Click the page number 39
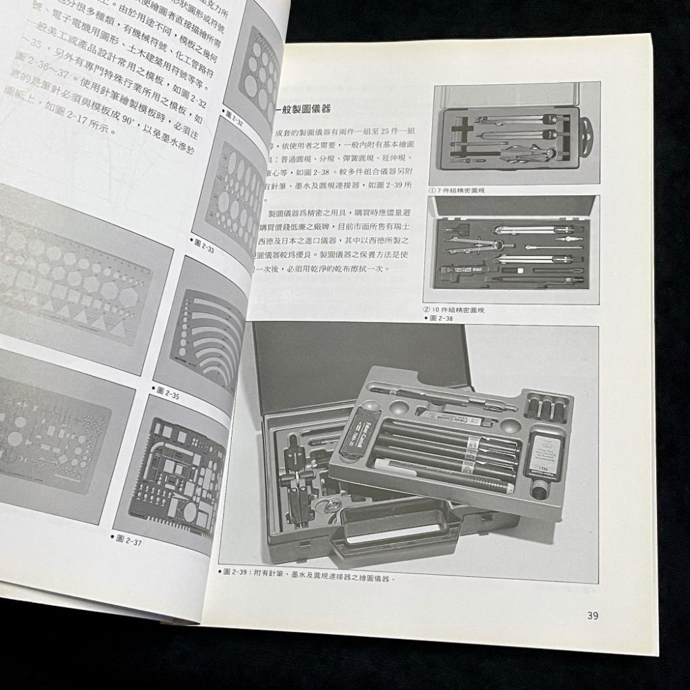coord(592,616)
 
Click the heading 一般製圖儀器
coord(304,110)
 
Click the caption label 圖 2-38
coord(442,318)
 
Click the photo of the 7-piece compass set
coord(513,134)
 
